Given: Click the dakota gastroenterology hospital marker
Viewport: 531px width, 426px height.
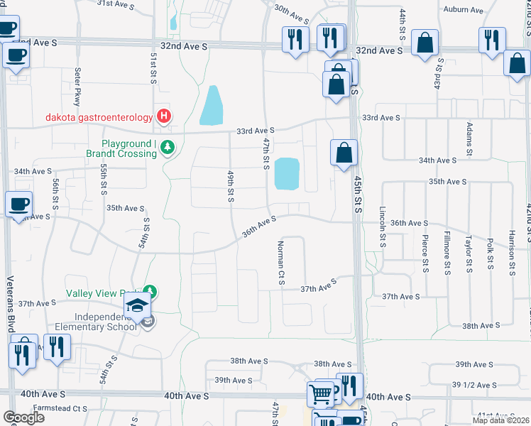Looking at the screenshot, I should coord(164,116).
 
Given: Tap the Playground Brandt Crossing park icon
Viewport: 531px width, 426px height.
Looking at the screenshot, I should coord(168,148).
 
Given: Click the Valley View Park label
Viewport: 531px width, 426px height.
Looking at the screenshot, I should coord(104,293).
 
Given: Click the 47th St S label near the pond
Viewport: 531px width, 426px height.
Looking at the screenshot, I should coord(266,154).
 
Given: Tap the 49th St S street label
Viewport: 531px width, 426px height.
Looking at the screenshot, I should coord(231,185).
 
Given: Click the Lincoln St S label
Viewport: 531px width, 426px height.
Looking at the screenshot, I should coord(382,226).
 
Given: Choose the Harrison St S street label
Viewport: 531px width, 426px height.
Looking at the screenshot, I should coord(511,252).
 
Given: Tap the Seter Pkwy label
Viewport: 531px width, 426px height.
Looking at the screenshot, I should coord(77,86).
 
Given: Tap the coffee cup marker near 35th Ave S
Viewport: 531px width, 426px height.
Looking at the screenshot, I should coord(18,204).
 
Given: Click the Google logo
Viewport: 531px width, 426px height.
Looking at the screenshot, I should coord(23,417).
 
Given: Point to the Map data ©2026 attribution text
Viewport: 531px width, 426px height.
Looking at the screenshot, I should coord(501,420).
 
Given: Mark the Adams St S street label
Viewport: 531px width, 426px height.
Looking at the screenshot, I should coord(469,139).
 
